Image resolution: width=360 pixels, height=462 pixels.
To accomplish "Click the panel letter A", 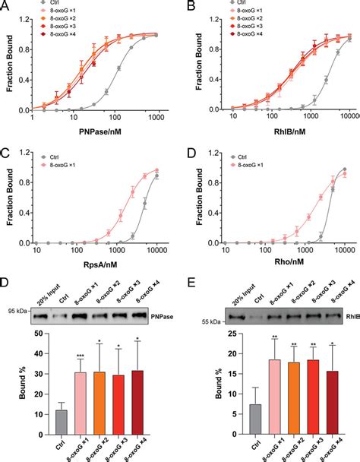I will coord(6,6).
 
